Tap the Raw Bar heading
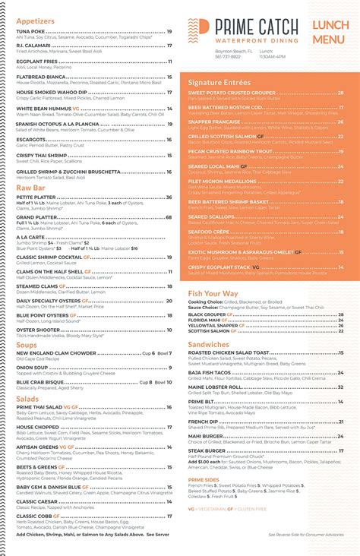31,188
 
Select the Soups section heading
27,345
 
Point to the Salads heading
27,398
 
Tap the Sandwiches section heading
209,344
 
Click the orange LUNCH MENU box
330,33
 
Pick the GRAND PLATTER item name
36,216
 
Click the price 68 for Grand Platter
169,216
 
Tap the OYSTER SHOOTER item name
38,330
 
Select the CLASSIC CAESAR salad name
38,501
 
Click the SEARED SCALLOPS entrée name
210,216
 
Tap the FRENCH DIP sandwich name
204,421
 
